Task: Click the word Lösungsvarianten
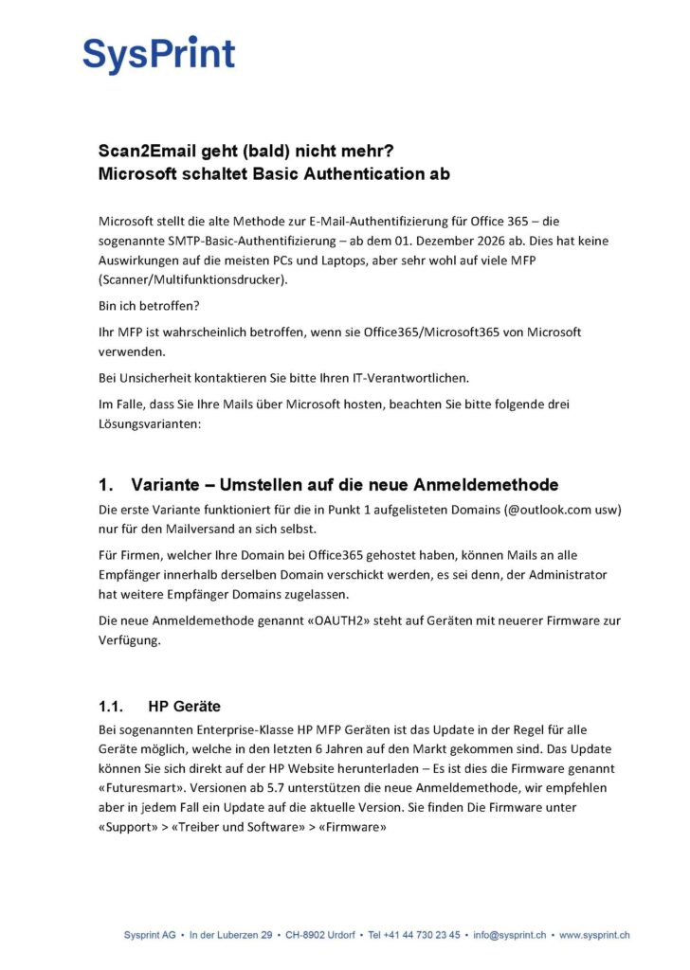pos(149,423)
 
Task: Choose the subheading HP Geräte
pos(184,706)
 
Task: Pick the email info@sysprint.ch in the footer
pos(510,935)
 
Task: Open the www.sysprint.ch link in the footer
pos(594,935)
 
